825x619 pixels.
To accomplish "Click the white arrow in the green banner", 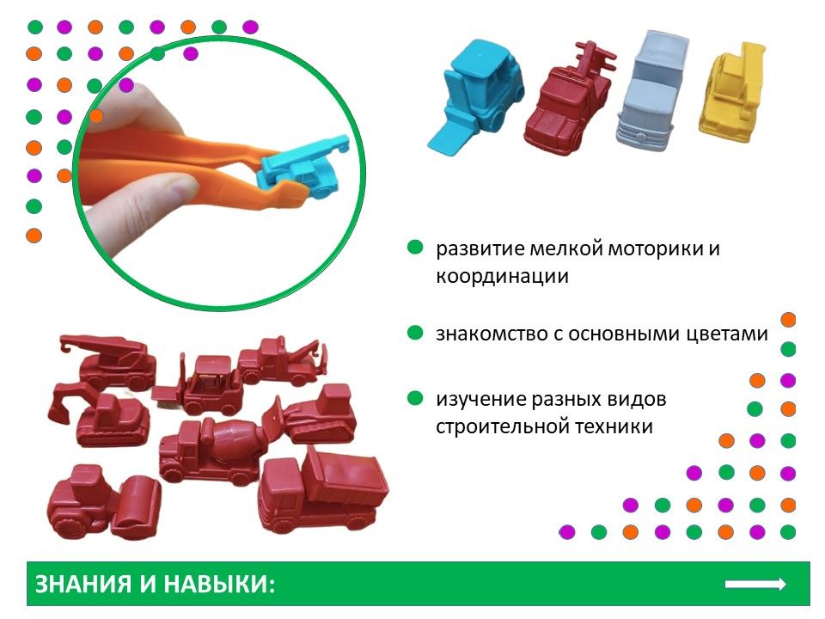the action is (755, 584).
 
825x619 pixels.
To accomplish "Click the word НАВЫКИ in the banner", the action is (219, 585).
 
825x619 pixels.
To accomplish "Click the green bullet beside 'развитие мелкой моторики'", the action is (415, 247).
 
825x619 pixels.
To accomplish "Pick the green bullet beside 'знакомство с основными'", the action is (415, 333).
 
